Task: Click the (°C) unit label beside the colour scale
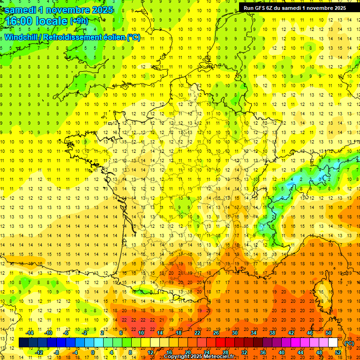pos(349,343)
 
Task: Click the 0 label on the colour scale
pos(92,352)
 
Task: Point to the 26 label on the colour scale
pos(216,333)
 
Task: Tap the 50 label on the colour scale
pos(328,333)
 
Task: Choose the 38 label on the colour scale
pos(272,333)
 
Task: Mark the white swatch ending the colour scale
pos(333,343)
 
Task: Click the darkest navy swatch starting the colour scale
pos(23,343)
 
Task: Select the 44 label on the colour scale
pos(300,352)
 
